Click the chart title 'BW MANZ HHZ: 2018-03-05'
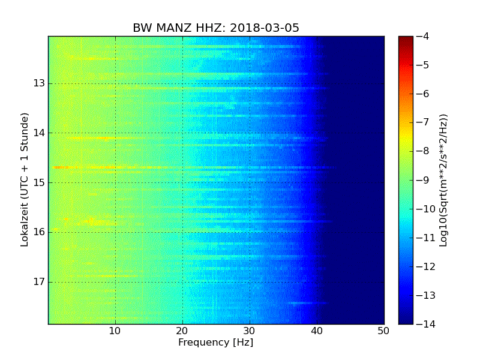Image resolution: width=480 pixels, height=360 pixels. [216, 28]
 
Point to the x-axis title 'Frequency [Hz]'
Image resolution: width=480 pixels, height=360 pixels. [215, 343]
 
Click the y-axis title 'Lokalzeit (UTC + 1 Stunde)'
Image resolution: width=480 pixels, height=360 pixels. [25, 180]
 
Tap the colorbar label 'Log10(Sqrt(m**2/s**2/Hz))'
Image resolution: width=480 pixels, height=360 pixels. [443, 180]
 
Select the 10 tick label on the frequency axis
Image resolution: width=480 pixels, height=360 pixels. [115, 331]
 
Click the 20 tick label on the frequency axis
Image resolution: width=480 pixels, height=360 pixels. [182, 331]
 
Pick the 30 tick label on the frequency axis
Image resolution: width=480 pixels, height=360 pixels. [250, 331]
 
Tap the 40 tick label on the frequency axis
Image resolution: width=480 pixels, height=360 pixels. [317, 331]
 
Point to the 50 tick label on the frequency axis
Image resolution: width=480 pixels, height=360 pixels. [383, 331]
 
